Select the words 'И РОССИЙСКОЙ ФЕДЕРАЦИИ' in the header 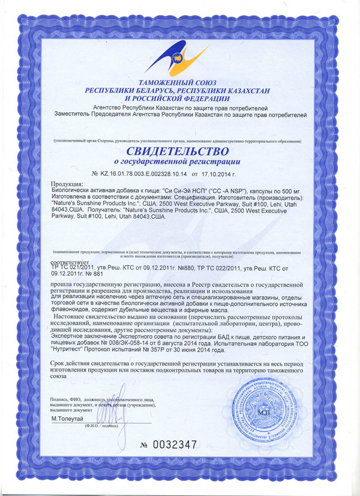point(177,98)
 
